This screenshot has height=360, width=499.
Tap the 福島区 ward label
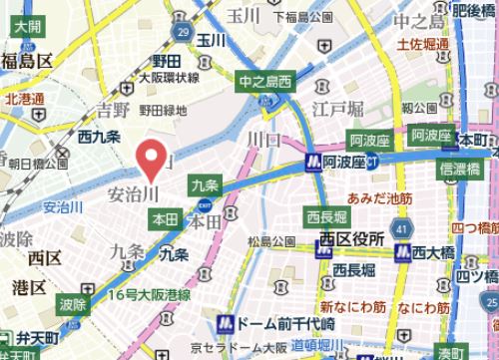26,62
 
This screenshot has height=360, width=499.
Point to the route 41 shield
400,229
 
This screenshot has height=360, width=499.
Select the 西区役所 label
352,240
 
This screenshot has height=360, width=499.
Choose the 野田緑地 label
162,110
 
